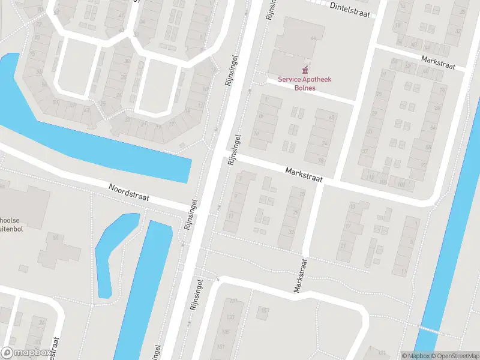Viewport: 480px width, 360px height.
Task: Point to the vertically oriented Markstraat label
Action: (299, 275)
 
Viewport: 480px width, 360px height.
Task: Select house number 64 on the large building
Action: (313, 38)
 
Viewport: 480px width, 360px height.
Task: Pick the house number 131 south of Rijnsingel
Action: (233, 301)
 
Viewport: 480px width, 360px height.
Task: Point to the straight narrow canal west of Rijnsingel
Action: (144, 288)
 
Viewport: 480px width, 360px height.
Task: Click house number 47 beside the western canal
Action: (86, 110)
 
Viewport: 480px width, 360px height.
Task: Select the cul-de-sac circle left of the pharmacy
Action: (260, 78)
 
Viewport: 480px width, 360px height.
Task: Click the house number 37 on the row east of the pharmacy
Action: (365, 151)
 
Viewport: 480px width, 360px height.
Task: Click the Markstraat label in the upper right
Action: (439, 61)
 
